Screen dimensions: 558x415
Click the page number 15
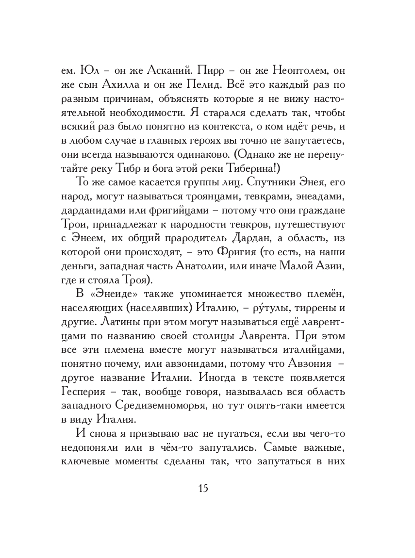(x=203, y=488)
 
